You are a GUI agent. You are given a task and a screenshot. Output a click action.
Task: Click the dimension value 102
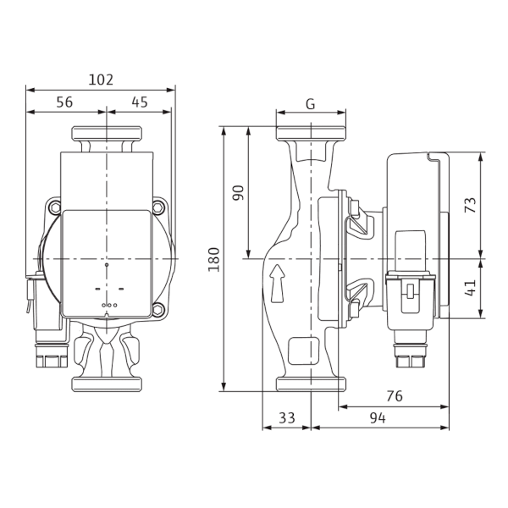[101, 80]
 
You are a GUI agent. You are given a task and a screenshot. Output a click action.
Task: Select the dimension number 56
[64, 102]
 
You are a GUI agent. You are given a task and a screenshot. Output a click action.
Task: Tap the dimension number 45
[140, 102]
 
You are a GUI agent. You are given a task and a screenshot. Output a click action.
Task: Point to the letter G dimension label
[311, 104]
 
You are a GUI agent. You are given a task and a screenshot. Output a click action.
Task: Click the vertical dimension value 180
[214, 259]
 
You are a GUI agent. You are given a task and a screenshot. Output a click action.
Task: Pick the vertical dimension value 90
[238, 192]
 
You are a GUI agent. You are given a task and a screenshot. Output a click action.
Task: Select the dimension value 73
[471, 205]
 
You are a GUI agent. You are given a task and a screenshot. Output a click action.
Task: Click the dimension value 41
[471, 288]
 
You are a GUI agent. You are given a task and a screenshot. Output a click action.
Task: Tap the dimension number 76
[395, 396]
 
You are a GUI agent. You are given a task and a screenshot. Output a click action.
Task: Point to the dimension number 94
[378, 418]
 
